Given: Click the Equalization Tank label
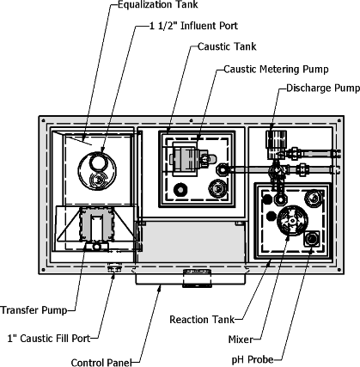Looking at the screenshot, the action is (x=158, y=5).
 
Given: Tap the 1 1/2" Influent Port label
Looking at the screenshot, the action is (x=193, y=26).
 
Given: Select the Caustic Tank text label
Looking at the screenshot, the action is (x=227, y=46).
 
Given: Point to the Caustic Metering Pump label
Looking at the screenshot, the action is (x=276, y=70).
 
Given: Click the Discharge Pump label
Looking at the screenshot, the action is (x=323, y=88).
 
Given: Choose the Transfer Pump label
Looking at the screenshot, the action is (x=34, y=310).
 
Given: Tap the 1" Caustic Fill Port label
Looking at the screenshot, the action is (x=49, y=339).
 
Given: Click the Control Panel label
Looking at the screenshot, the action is (x=101, y=363).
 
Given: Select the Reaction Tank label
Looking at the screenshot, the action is (x=202, y=320).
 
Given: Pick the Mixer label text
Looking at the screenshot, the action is (x=241, y=339).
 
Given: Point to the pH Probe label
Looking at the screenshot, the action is (x=253, y=359).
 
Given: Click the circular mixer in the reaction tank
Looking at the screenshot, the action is (x=292, y=220).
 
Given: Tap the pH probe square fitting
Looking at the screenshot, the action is (x=312, y=239).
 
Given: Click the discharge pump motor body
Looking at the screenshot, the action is (x=276, y=144).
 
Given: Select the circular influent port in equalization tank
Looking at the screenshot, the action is (x=97, y=171).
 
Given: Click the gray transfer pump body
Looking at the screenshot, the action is (x=96, y=224).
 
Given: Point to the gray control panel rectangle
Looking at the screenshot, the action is (x=192, y=242).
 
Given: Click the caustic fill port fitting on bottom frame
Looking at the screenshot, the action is (x=114, y=267).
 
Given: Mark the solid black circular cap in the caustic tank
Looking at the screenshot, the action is (x=180, y=189).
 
